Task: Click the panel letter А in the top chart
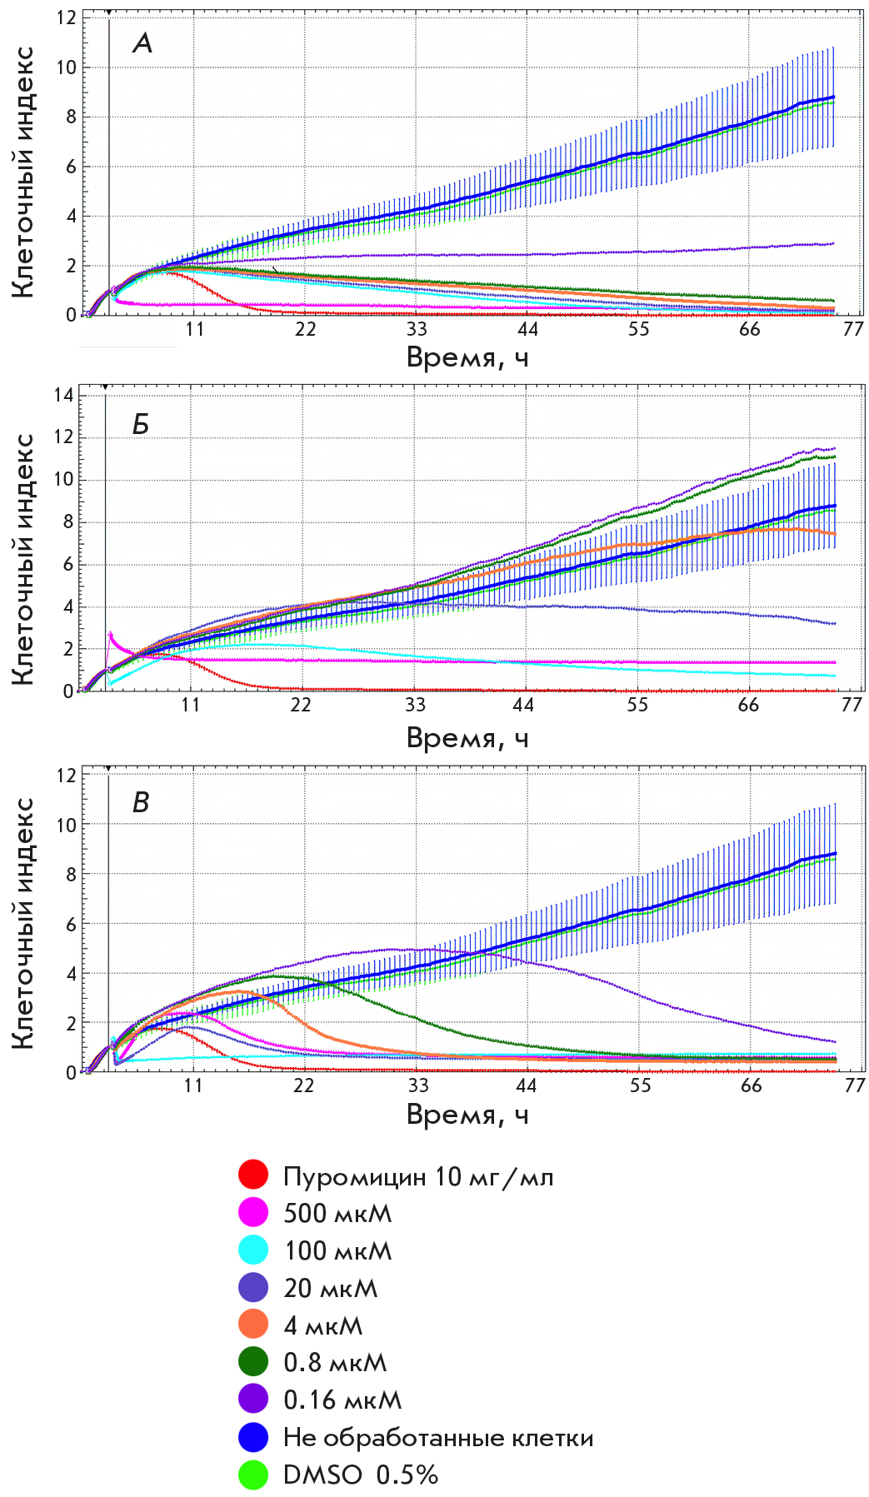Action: (x=142, y=42)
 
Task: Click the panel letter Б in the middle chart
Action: (x=141, y=424)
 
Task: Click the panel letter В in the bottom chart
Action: (x=141, y=802)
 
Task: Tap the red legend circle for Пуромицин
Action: (x=253, y=1175)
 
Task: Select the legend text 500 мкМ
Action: (x=337, y=1213)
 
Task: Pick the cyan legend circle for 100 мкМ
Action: (x=253, y=1250)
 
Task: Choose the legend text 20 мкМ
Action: (x=331, y=1288)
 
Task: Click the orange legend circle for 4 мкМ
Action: (x=253, y=1324)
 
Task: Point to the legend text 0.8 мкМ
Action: (x=335, y=1362)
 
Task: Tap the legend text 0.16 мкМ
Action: (x=342, y=1400)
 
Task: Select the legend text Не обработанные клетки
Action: (x=438, y=1437)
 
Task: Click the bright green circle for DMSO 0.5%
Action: (x=253, y=1474)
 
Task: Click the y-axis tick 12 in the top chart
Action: (x=67, y=17)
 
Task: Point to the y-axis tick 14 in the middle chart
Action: (x=63, y=395)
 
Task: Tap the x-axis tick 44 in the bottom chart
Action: (x=527, y=1085)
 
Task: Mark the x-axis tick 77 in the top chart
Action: (x=852, y=329)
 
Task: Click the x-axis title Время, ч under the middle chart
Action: (x=467, y=738)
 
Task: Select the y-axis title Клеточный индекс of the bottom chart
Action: (x=24, y=922)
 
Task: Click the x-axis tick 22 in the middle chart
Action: (x=300, y=705)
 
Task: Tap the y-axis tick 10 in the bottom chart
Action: (x=67, y=824)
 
